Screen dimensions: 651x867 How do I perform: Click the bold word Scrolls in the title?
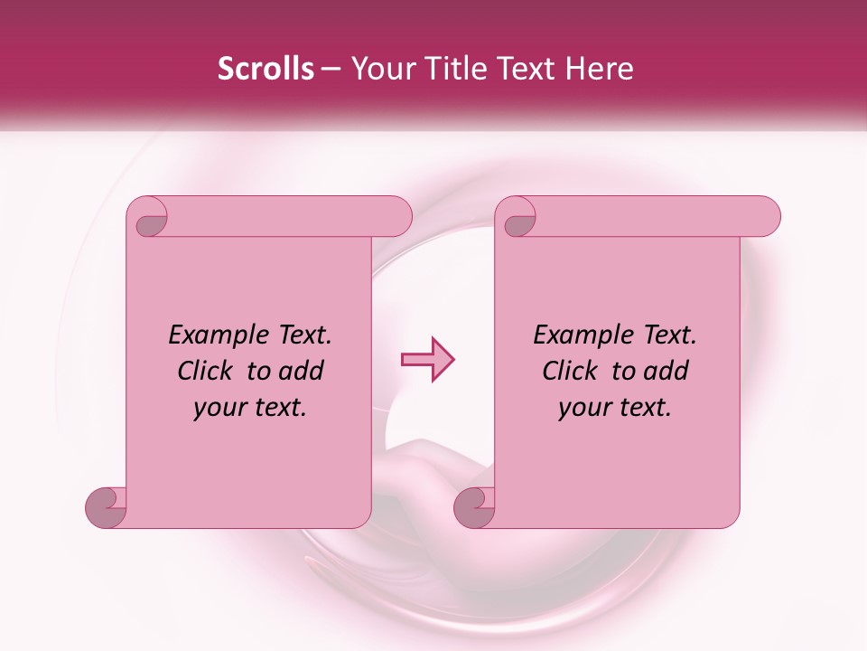[266, 69]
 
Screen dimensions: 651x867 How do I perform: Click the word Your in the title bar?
[380, 69]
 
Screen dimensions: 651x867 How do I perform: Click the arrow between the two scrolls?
[427, 360]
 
